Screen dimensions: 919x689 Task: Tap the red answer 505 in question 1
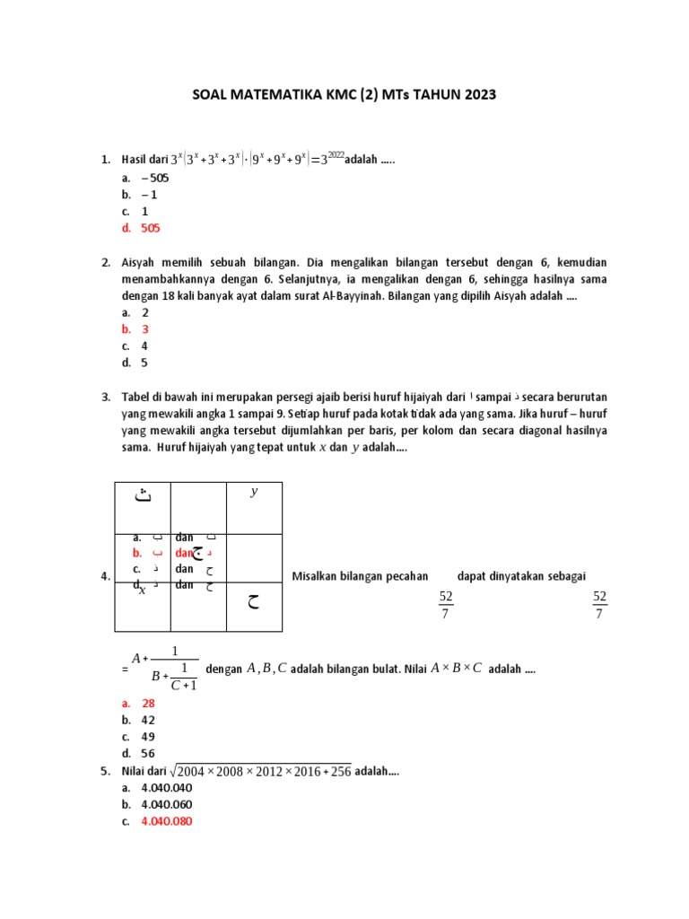(x=151, y=229)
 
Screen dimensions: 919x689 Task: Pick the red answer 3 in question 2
(x=144, y=329)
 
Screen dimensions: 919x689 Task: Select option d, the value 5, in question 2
(x=144, y=363)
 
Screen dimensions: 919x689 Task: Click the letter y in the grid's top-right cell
(x=254, y=492)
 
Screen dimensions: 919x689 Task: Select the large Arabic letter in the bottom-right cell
(x=254, y=602)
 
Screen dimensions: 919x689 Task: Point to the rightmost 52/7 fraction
(x=600, y=605)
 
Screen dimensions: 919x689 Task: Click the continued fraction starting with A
(x=164, y=669)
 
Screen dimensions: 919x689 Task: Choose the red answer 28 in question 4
(x=148, y=704)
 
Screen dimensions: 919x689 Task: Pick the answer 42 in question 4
(x=148, y=720)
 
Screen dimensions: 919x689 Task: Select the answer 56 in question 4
(x=148, y=754)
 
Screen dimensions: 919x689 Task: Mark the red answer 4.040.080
(x=167, y=821)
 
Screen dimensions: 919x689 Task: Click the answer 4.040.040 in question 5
(x=167, y=788)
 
